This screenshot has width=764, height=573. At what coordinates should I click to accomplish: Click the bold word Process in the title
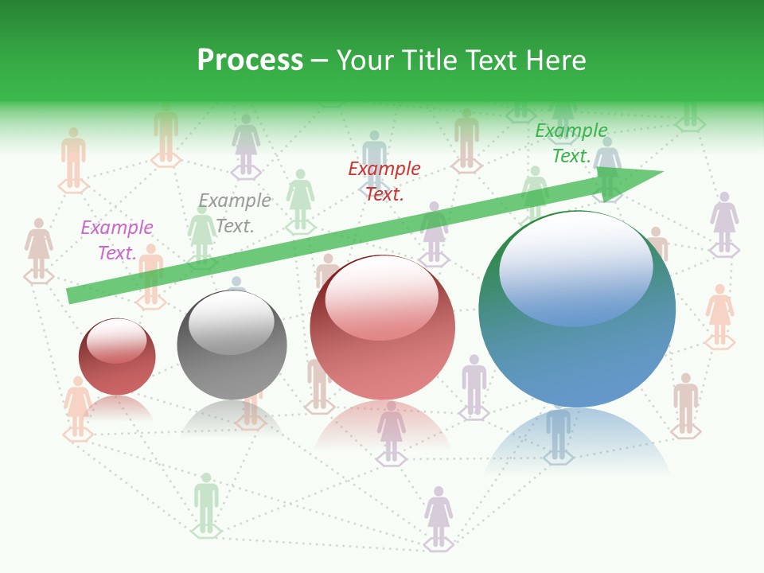point(250,60)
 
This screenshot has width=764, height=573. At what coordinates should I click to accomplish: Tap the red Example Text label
point(384,181)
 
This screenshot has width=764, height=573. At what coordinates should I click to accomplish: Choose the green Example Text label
point(571,143)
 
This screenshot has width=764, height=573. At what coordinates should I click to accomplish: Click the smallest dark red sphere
point(117,357)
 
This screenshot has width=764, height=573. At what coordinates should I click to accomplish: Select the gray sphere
point(232,345)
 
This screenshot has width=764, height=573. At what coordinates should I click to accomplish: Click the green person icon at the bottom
point(206,502)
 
